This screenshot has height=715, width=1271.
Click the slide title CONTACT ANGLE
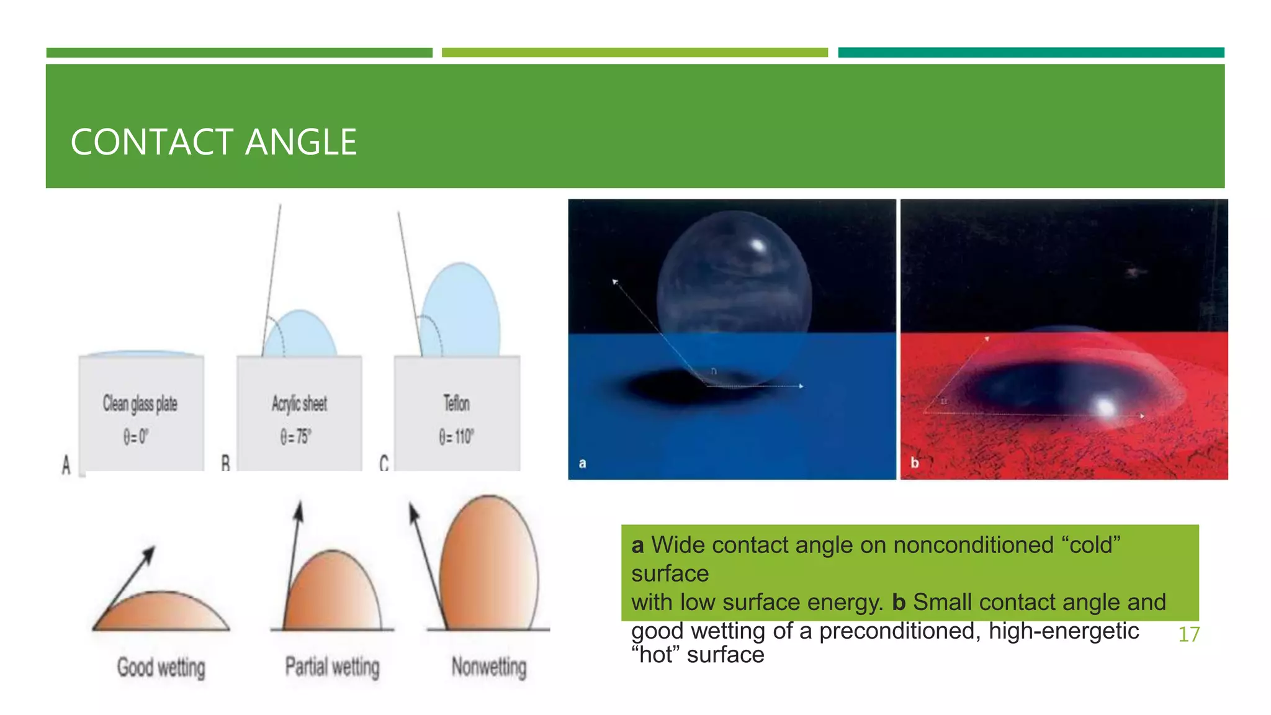point(213,142)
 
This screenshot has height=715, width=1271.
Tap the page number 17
point(1188,634)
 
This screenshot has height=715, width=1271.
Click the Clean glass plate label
point(140,403)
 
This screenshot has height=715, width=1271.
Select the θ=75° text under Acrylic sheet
point(295,436)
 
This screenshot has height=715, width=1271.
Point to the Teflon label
point(456,403)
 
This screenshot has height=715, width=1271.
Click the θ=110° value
point(456,436)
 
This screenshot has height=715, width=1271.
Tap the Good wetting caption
point(161,668)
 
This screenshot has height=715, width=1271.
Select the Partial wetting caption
point(332,667)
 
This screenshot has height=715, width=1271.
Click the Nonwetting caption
point(489,667)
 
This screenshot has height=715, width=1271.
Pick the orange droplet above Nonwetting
point(489,565)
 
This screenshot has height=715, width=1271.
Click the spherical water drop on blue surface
point(734,292)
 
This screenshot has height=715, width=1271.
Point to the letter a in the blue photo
point(582,463)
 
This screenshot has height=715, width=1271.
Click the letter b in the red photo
point(914,462)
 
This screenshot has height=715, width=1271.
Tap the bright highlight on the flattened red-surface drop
point(1105,408)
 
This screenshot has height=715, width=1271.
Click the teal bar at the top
point(1030,53)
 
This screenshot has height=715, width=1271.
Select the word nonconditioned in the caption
point(973,545)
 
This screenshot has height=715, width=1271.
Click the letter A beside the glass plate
point(66,464)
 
